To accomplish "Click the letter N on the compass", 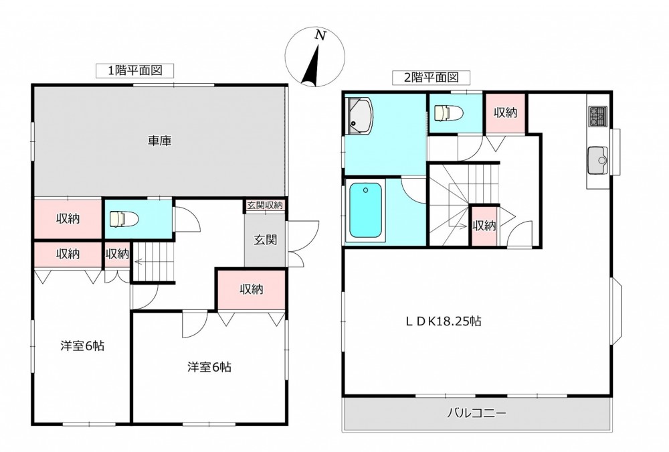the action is click(x=320, y=35).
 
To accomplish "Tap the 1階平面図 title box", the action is click(x=135, y=70).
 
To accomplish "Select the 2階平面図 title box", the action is click(x=431, y=77).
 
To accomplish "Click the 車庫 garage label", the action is click(x=160, y=141).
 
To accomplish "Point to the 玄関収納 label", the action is click(x=265, y=205).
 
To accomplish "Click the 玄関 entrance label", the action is click(x=266, y=240).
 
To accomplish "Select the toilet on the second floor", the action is click(x=448, y=113).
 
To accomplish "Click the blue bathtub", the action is click(x=366, y=210).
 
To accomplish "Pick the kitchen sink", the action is click(x=597, y=160).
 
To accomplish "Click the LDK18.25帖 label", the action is click(x=444, y=321).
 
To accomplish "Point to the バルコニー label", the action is click(x=476, y=413).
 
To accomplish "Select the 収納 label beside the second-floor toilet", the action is click(x=505, y=112).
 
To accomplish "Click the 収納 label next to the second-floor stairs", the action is click(x=484, y=226).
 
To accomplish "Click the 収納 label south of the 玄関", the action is click(x=252, y=289).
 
